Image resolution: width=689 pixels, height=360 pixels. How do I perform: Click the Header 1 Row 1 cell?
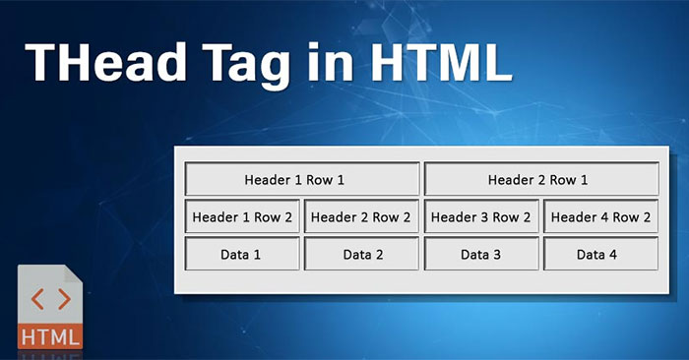click(302, 180)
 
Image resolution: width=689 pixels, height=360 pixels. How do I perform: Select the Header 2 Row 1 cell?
click(540, 180)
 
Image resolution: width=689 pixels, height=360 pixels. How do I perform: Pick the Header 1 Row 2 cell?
click(242, 217)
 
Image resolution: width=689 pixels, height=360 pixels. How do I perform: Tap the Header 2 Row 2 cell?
click(362, 217)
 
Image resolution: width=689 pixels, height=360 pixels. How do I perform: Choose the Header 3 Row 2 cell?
click(481, 217)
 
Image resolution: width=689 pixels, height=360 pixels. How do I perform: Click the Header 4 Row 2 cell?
click(600, 217)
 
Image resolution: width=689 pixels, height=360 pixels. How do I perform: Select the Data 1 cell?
click(242, 255)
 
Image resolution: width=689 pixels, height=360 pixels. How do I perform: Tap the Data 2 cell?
click(362, 255)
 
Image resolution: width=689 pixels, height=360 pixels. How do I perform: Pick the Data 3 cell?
click(481, 255)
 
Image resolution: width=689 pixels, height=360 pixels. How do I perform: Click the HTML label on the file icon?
click(49, 334)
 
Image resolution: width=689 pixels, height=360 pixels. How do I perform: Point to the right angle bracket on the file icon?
click(62, 298)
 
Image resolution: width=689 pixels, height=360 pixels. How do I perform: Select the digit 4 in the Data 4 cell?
click(613, 255)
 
